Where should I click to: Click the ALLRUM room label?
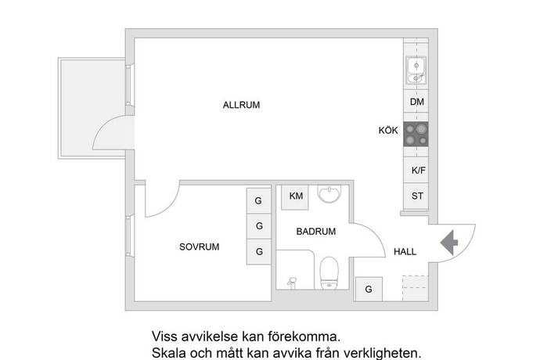pyautogui.click(x=240, y=105)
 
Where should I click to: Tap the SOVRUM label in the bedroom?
pyautogui.click(x=199, y=247)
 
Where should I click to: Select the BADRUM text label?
pyautogui.click(x=315, y=232)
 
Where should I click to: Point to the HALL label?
pyautogui.click(x=405, y=252)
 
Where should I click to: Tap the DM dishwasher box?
pyautogui.click(x=417, y=103)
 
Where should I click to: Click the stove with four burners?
pyautogui.click(x=417, y=136)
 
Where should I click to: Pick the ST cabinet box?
pyautogui.click(x=417, y=196)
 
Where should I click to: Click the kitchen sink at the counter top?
pyautogui.click(x=416, y=71)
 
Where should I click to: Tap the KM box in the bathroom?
pyautogui.click(x=296, y=196)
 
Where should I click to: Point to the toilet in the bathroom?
pyautogui.click(x=329, y=272)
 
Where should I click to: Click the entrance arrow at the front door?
pyautogui.click(x=451, y=242)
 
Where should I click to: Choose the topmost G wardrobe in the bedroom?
pyautogui.click(x=258, y=200)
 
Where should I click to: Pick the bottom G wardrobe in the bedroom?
pyautogui.click(x=258, y=251)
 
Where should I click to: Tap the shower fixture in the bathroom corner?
pyautogui.click(x=294, y=279)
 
